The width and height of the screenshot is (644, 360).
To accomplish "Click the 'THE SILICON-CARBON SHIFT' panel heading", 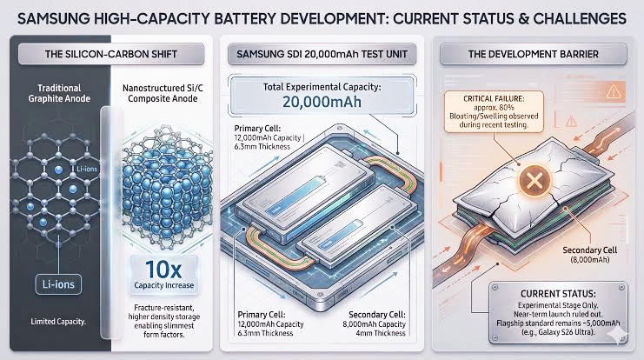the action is click(111, 54).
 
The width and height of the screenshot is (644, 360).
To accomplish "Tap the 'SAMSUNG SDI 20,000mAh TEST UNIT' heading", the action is click(322, 54).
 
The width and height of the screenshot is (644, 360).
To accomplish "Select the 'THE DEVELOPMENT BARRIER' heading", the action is click(533, 54).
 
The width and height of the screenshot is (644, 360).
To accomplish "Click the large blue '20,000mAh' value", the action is click(322, 102).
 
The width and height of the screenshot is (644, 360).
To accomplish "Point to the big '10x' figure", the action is click(163, 270).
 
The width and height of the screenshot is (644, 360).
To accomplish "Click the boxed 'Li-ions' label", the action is click(58, 284).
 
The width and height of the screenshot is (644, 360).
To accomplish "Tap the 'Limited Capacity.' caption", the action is click(58, 322).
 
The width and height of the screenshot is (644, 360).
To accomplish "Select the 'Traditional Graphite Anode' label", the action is click(59, 93).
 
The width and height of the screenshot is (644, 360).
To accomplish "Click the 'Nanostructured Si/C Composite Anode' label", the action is click(163, 93).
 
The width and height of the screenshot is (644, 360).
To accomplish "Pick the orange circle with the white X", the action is click(534, 180).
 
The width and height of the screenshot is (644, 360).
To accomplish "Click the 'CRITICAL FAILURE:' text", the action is click(494, 98).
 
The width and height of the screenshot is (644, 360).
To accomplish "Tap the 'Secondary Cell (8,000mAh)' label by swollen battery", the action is click(589, 255).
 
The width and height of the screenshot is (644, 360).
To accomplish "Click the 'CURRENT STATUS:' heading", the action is click(558, 294).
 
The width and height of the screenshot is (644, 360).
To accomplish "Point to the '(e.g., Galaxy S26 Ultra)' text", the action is click(558, 332).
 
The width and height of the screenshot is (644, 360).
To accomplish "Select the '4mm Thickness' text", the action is click(381, 333).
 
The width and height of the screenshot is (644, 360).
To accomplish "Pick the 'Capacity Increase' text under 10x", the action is click(164, 285).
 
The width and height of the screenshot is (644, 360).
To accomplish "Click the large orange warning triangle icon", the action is click(614, 91).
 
